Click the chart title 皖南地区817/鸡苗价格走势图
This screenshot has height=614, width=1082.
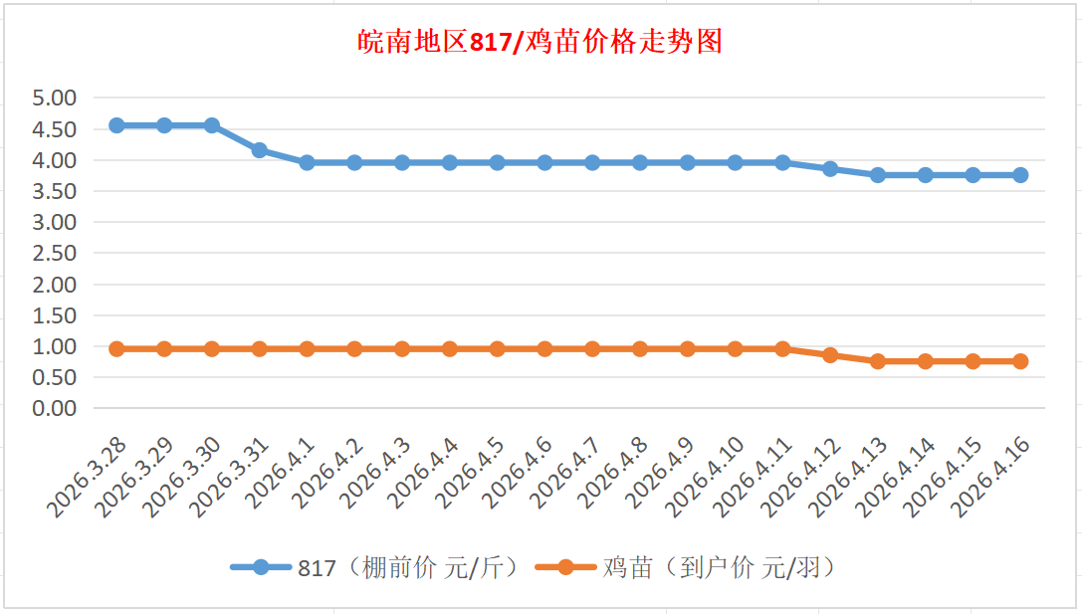[x=540, y=43]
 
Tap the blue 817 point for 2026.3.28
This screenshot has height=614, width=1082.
[x=116, y=125]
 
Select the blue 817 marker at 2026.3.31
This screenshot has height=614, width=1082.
[x=260, y=150]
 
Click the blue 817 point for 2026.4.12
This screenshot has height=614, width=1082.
[x=830, y=169]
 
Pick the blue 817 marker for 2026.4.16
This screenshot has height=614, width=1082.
[x=1020, y=175]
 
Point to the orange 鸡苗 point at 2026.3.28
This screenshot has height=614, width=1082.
[x=116, y=349]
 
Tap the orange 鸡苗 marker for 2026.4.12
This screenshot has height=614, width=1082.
[x=830, y=355]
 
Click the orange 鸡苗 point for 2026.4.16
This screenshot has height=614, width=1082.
[x=1020, y=361]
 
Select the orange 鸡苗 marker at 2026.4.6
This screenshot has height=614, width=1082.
[x=544, y=349]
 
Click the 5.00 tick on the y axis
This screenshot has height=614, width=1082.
[x=55, y=99]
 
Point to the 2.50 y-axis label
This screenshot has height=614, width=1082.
[x=55, y=254]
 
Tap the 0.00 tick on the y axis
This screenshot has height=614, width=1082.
[x=55, y=408]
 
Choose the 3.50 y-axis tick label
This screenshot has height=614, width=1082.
[x=55, y=191]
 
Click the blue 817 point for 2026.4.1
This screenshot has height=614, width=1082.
[x=307, y=162]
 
